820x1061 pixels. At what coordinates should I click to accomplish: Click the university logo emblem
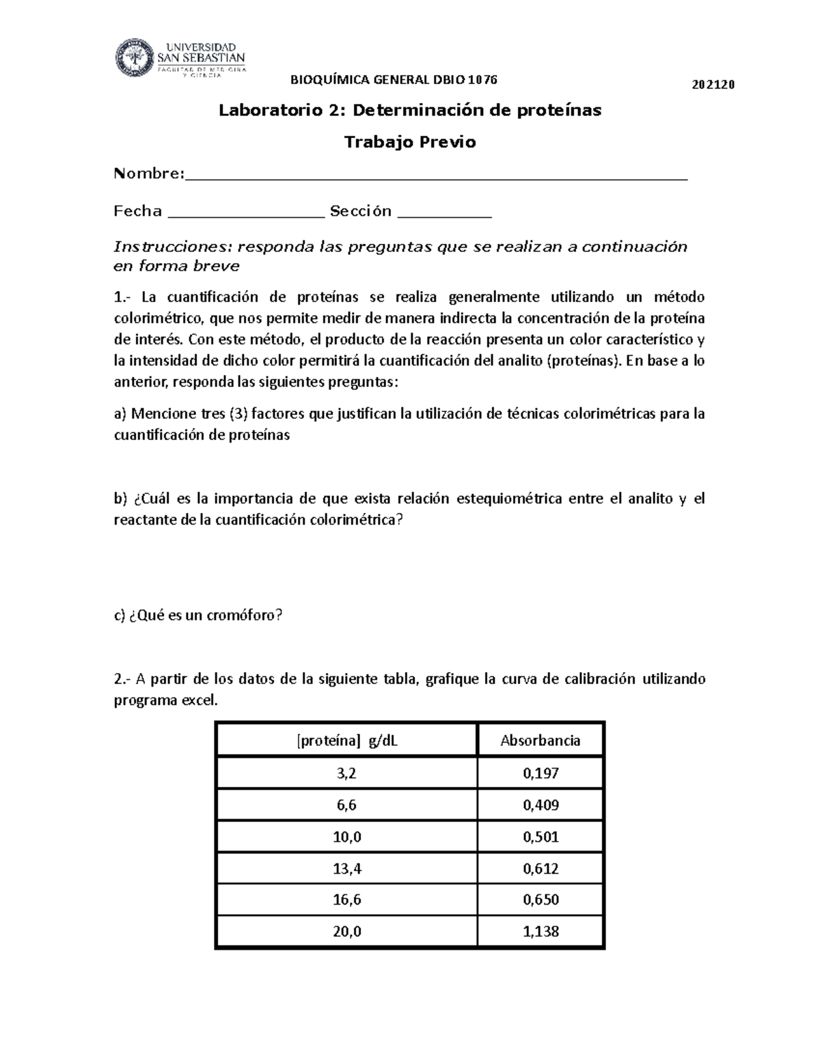(135, 58)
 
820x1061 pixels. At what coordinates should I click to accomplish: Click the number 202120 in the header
(713, 85)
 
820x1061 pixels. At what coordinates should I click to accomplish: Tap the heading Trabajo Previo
(410, 142)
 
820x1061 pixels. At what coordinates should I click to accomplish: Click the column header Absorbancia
(540, 741)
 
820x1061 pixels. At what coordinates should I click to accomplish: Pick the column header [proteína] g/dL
(346, 741)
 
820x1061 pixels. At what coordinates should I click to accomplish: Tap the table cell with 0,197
(540, 773)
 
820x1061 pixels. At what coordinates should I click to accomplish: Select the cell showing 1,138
(540, 931)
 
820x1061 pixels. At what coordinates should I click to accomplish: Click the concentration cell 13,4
(346, 868)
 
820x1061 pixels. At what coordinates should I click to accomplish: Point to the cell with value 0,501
(540, 837)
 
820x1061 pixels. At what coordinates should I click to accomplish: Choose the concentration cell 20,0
(346, 931)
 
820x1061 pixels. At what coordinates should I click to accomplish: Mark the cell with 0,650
(540, 900)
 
